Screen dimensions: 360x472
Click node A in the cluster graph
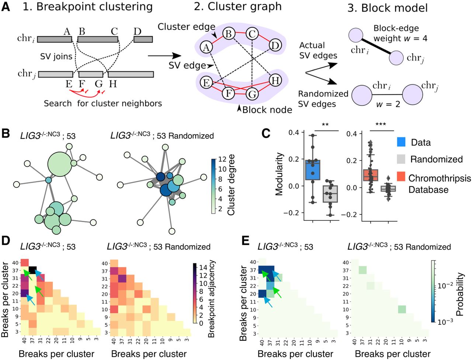point(206,47)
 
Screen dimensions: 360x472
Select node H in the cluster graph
point(275,80)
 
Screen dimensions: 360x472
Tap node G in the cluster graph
point(252,94)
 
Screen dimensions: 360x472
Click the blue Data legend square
point(402,142)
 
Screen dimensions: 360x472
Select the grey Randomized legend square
point(402,159)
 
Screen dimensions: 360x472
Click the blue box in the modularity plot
point(313,170)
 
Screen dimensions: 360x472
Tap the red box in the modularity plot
point(370,175)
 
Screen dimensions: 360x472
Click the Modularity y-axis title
point(280,173)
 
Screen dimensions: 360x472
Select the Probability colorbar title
point(459,294)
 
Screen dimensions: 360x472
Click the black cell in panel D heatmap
point(32,270)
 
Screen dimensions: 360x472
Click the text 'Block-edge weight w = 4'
point(400,33)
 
